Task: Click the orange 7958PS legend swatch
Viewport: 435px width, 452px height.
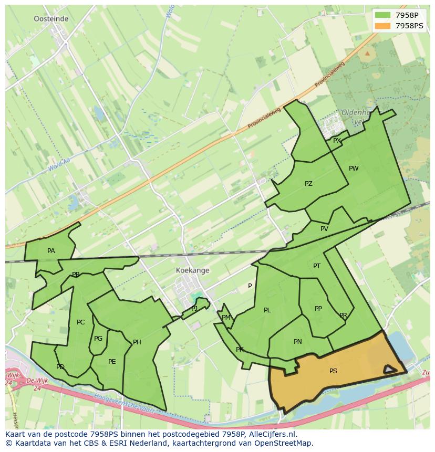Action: click(x=382, y=25)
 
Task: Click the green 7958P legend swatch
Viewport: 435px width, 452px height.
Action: click(x=382, y=15)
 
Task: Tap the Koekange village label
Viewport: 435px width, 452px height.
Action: click(x=193, y=270)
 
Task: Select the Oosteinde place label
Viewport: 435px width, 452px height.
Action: click(x=51, y=18)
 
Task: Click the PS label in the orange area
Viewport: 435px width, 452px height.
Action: click(x=333, y=371)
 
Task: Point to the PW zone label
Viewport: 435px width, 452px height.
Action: click(x=354, y=169)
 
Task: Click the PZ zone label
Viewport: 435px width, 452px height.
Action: click(x=308, y=184)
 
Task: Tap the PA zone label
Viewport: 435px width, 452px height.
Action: click(x=51, y=251)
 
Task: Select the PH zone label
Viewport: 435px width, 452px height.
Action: click(x=137, y=342)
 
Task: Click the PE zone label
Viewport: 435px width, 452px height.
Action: click(x=112, y=362)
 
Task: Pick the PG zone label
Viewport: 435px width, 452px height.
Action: click(x=98, y=339)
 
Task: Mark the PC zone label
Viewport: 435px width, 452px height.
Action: click(x=80, y=322)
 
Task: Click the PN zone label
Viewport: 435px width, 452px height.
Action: click(x=298, y=342)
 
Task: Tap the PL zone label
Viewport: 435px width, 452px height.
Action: click(x=267, y=310)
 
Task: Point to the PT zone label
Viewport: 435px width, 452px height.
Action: click(x=317, y=266)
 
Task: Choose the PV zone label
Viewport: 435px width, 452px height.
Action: click(x=324, y=229)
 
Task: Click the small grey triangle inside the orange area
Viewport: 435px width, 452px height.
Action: click(x=389, y=370)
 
